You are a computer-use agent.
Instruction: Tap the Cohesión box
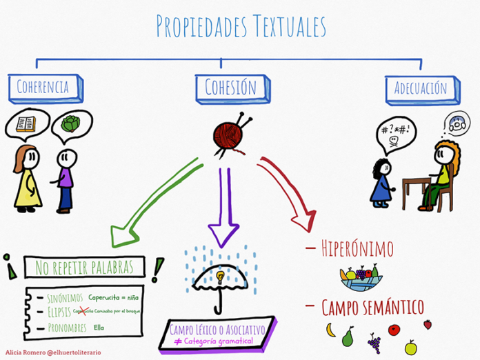(x=230, y=87)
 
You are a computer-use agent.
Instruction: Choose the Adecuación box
(x=420, y=88)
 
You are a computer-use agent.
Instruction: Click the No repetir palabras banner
(x=86, y=267)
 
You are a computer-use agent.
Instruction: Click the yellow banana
(x=330, y=330)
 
